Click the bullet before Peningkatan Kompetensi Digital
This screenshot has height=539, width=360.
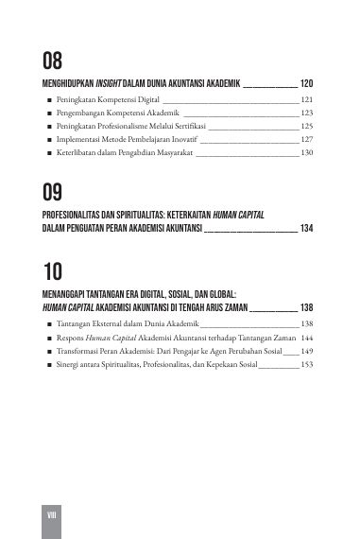pos(48,98)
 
